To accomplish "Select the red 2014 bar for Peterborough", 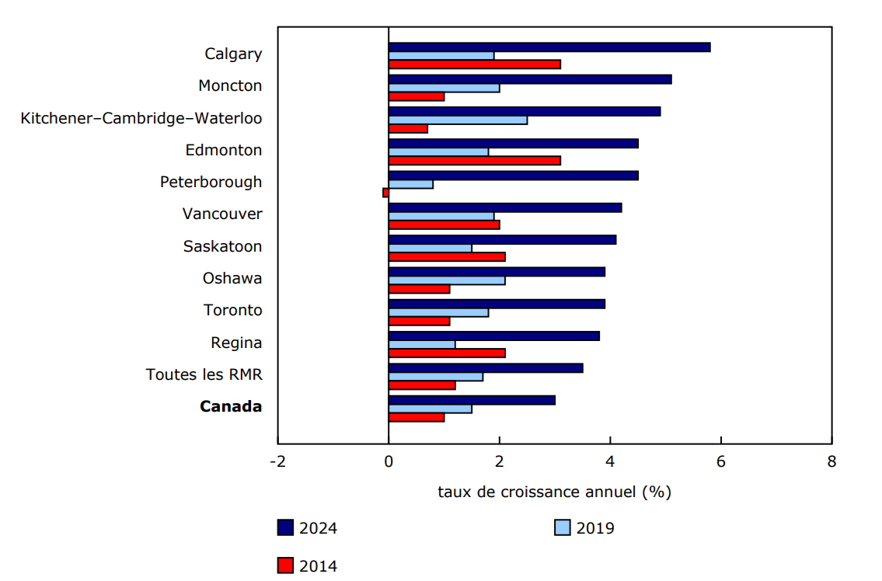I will (385, 193).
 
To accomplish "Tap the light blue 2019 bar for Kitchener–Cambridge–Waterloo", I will (458, 120).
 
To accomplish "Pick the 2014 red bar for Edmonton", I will (474, 161).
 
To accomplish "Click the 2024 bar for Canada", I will (472, 400).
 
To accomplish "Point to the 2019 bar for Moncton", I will (444, 88).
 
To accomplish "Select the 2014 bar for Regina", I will (447, 353).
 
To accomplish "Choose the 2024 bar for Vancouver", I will (505, 207).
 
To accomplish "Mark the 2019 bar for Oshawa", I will (447, 280).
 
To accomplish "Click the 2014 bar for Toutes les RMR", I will (422, 384).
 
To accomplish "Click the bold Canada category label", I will (231, 406).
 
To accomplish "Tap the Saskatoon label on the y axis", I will (222, 246).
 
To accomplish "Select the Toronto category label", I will (232, 310).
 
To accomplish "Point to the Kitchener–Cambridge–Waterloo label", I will (141, 118).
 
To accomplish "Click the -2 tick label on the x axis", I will (277, 461).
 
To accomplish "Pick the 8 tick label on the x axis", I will (831, 461).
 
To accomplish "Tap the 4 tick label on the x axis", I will (610, 461).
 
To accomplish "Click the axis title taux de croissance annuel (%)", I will (554, 492).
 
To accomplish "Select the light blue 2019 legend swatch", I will (563, 528).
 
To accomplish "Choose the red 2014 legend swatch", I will (285, 565).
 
